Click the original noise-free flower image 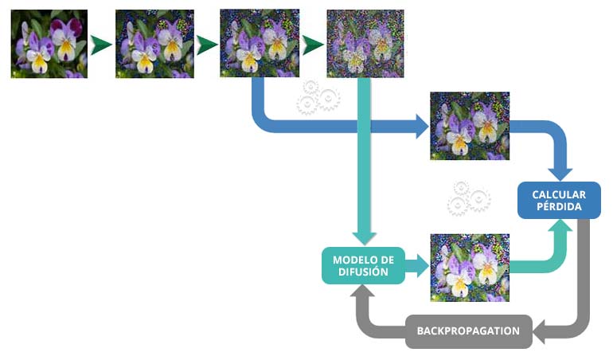point(49,44)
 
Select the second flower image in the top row point(154,44)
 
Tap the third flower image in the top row point(260,44)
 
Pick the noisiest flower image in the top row point(365,44)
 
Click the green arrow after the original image point(101,45)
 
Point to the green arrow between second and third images point(207,45)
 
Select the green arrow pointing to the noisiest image point(313,45)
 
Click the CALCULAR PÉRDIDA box point(559,201)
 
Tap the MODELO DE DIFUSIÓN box point(363,266)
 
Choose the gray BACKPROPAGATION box point(468,331)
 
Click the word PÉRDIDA point(559,206)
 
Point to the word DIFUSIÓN point(363,272)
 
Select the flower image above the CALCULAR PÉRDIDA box point(470,126)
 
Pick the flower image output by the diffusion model point(470,268)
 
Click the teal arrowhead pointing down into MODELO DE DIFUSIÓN point(365,238)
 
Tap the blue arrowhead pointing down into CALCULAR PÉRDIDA point(560,174)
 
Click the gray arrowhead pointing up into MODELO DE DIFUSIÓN point(362,291)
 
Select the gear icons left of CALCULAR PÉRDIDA point(469,199)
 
